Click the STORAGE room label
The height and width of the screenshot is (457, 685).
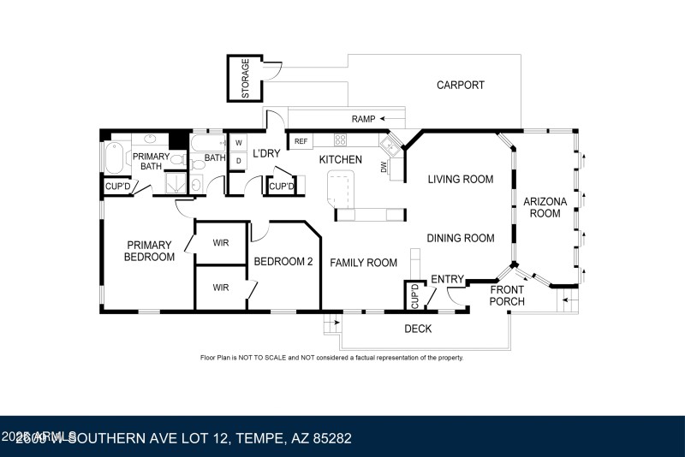click(x=245, y=79)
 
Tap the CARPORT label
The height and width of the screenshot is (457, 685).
click(x=460, y=85)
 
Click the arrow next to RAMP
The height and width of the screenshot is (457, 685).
click(x=393, y=118)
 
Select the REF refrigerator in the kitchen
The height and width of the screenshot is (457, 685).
click(x=301, y=141)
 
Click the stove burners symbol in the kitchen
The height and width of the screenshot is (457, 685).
click(x=340, y=140)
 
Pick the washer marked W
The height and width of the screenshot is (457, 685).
click(x=239, y=142)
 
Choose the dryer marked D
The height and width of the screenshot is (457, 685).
click(x=239, y=159)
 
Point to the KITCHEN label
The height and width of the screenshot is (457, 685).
click(x=340, y=160)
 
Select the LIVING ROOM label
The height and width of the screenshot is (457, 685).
click(x=461, y=179)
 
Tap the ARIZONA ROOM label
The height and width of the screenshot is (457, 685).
click(x=545, y=207)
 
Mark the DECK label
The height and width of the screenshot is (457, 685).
click(x=418, y=329)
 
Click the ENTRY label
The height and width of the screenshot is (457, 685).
click(x=447, y=279)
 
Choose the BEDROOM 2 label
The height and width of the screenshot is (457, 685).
click(x=283, y=262)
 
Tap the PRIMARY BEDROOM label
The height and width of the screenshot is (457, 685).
click(x=149, y=251)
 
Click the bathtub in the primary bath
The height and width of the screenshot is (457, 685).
click(x=113, y=159)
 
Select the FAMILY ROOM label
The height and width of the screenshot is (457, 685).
click(x=364, y=263)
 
